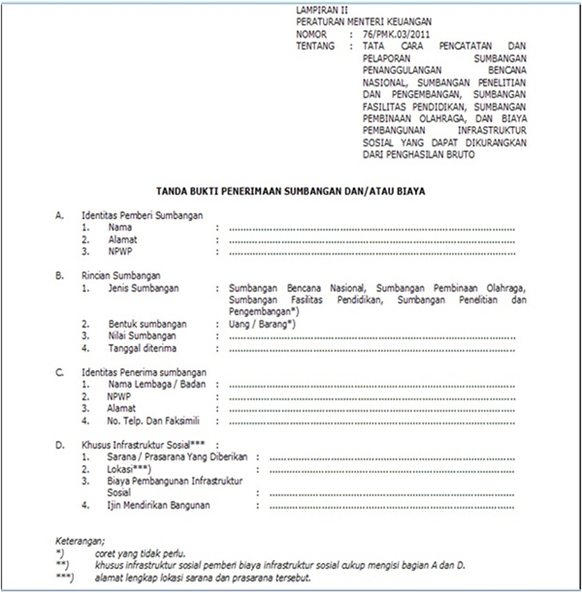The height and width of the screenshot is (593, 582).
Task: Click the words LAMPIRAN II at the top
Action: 320,10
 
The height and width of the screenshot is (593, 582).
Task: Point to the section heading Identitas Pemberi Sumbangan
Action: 143,215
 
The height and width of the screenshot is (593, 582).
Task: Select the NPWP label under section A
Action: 120,251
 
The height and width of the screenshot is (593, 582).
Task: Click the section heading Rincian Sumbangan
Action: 121,276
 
